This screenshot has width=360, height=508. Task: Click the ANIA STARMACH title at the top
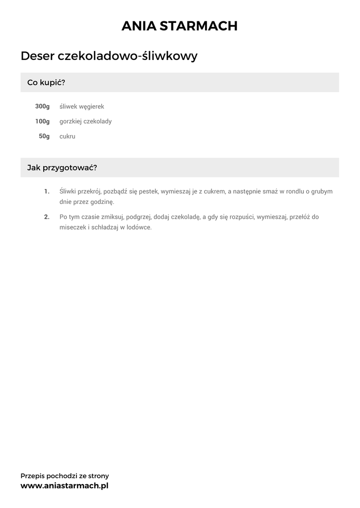pos(180,26)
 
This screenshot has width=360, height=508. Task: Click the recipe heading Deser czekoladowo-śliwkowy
pos(109,56)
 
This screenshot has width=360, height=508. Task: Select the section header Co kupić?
pos(46,82)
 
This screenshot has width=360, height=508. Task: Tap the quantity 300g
pos(43,107)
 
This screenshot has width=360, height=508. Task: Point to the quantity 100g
pos(43,122)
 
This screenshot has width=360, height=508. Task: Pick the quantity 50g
pos(44,136)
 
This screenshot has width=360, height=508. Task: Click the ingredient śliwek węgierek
pos(81,107)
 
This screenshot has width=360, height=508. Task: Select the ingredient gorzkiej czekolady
pos(85,122)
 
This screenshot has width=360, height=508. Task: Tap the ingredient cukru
pos(68,136)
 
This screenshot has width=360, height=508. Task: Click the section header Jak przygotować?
pos(62,168)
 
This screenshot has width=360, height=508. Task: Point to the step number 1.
pos(47,191)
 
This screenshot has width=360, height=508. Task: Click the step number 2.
pos(47,217)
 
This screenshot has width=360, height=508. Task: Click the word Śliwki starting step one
pos(68,191)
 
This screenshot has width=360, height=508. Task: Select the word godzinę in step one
pos(102,202)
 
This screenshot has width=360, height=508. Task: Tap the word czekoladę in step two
pos(185,217)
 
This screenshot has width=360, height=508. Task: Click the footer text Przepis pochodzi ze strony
pos(65,476)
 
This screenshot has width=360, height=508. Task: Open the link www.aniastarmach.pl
pos(65,486)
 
